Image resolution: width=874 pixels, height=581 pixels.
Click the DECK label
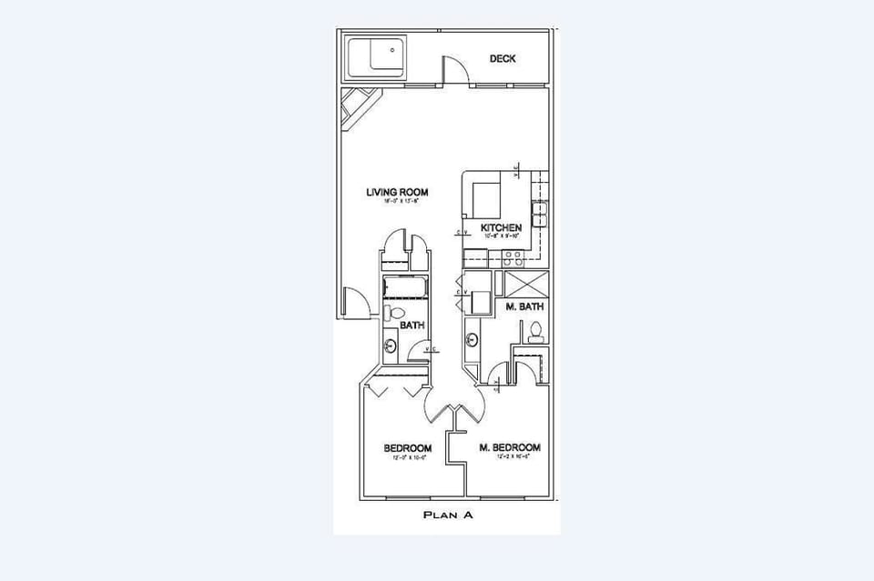tap(503, 59)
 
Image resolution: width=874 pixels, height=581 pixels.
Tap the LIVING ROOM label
tap(397, 193)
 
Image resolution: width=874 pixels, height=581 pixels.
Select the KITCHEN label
tap(501, 227)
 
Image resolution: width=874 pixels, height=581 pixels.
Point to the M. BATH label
tap(524, 307)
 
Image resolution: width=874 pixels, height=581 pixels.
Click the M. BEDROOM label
tap(510, 447)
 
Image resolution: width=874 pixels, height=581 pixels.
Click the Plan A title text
tap(448, 515)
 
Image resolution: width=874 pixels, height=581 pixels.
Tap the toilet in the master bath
tap(535, 333)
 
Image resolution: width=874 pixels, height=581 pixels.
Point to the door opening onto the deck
tap(454, 71)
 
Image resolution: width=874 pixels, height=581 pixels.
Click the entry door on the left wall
tap(355, 302)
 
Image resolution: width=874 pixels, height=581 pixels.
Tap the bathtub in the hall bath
tap(404, 288)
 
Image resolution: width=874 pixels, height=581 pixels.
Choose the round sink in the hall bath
tap(391, 346)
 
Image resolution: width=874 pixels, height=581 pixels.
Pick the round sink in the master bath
tap(473, 341)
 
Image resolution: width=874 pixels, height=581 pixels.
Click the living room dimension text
tap(397, 203)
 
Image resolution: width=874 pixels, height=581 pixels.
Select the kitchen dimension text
tap(501, 236)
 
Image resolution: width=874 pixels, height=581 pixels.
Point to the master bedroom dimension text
tap(510, 457)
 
